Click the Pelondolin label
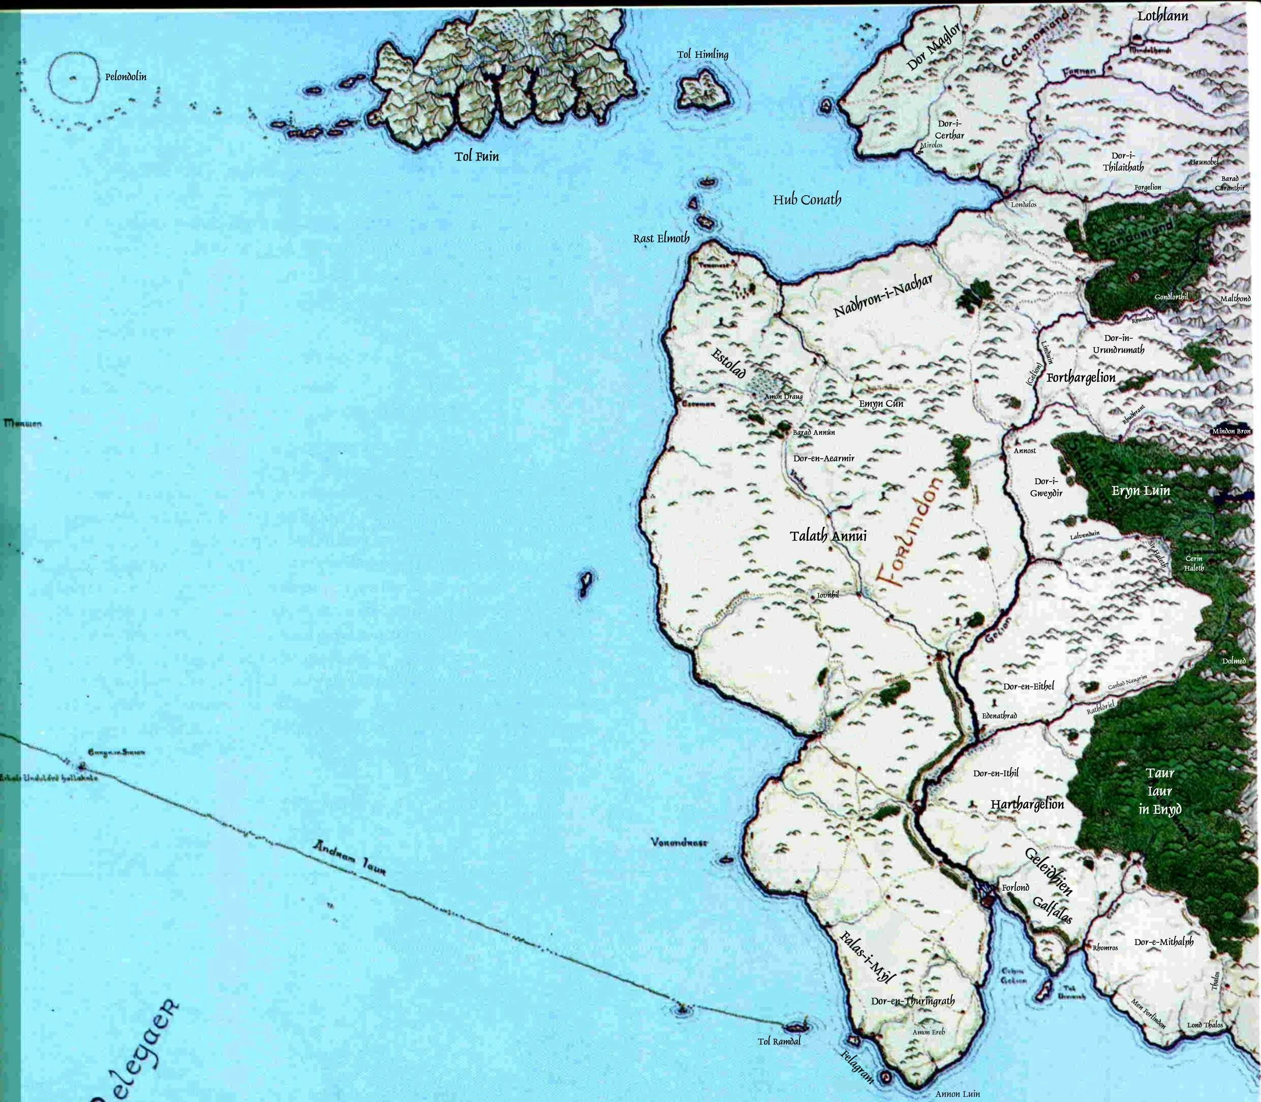click(x=126, y=78)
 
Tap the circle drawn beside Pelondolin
click(x=73, y=78)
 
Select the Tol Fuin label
click(x=477, y=156)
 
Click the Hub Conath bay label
click(x=807, y=200)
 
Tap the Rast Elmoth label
click(x=661, y=238)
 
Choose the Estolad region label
click(x=729, y=363)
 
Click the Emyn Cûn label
click(x=881, y=404)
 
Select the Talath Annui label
click(x=828, y=536)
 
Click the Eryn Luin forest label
click(x=1141, y=491)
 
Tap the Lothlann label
click(x=1162, y=16)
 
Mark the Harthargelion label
click(x=1027, y=804)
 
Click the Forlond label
click(x=1015, y=888)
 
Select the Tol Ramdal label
click(x=779, y=1042)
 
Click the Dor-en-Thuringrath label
click(x=913, y=1001)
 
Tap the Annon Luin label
click(x=957, y=1094)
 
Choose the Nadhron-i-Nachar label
click(x=883, y=296)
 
